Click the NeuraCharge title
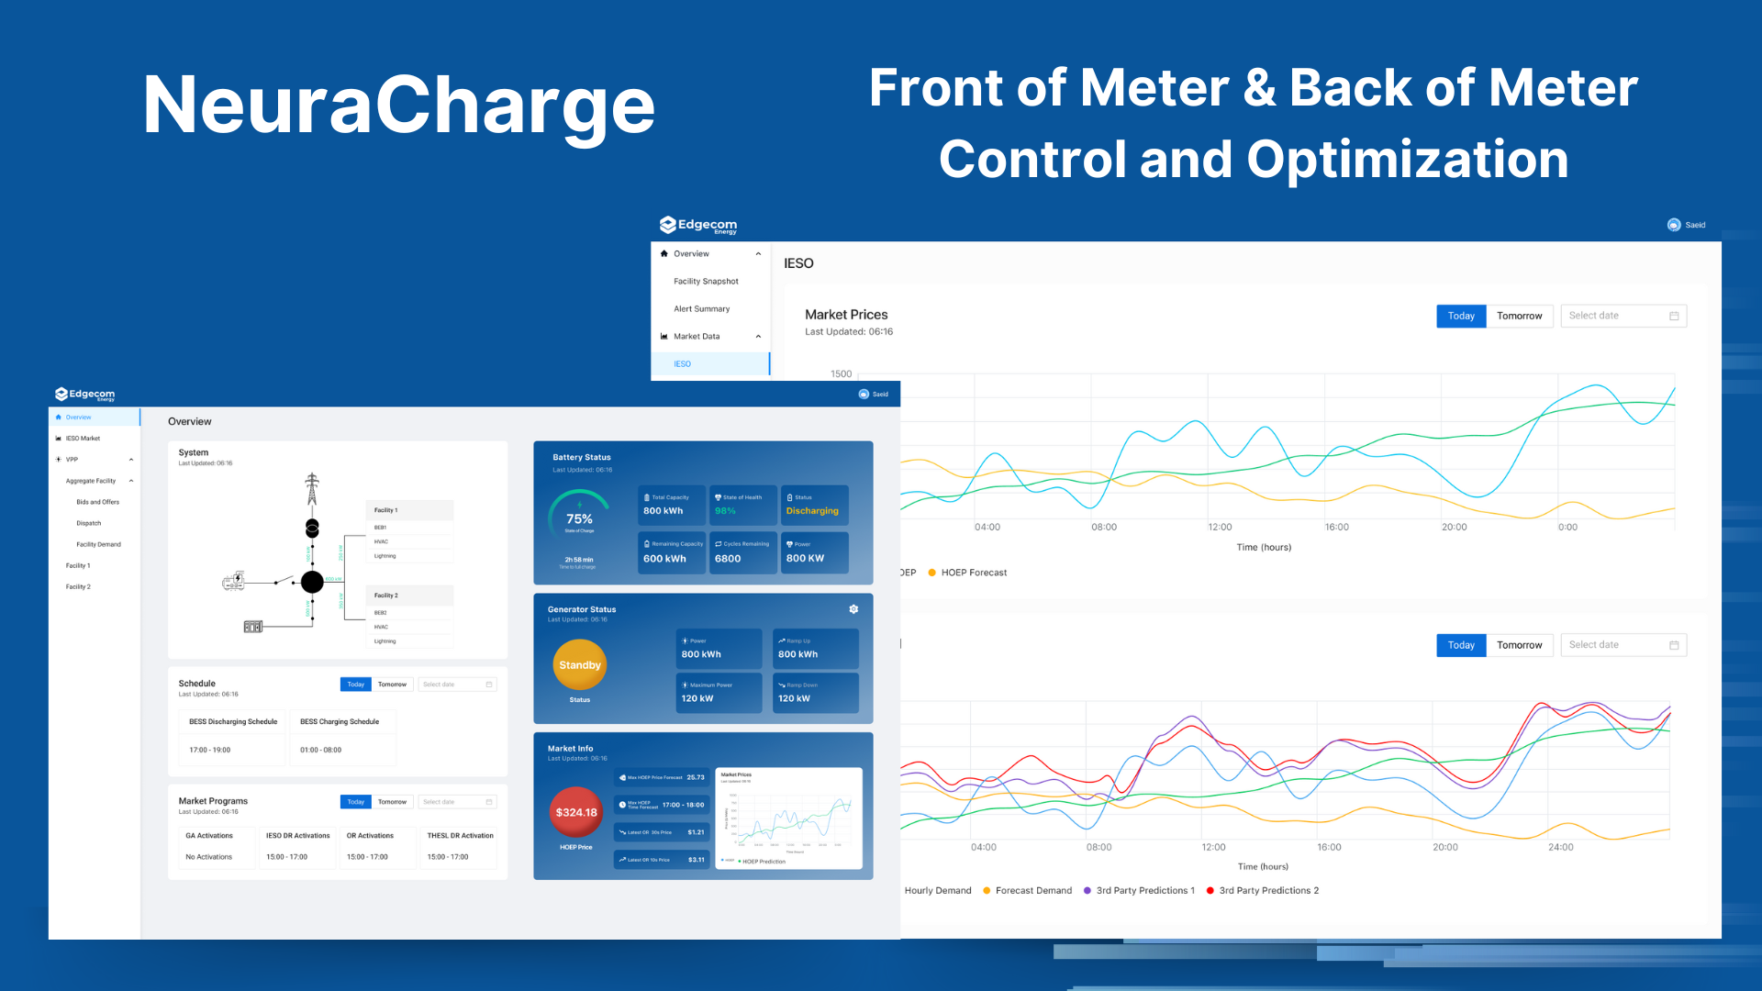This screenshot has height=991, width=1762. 399,106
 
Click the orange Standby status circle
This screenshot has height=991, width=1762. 579,665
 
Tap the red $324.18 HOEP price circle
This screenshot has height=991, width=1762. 575,812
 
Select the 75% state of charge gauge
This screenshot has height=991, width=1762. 579,518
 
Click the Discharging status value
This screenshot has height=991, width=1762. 812,511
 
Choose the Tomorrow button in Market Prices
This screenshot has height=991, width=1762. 1519,316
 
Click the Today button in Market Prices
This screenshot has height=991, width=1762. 1461,316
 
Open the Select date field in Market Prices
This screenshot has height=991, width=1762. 1623,316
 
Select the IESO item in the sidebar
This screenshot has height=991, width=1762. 683,364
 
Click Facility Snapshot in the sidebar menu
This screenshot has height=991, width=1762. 706,282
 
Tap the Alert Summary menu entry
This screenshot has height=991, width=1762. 701,309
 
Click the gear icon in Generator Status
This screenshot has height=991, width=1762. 853,609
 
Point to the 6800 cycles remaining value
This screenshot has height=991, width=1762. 728,558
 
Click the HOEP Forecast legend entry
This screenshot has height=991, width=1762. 973,573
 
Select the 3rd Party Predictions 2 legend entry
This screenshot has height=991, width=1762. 1267,890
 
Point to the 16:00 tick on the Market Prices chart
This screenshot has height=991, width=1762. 1336,528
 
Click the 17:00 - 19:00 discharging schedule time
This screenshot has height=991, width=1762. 210,751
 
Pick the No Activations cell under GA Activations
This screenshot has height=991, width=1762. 208,857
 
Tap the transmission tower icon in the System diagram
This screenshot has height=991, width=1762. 312,488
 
